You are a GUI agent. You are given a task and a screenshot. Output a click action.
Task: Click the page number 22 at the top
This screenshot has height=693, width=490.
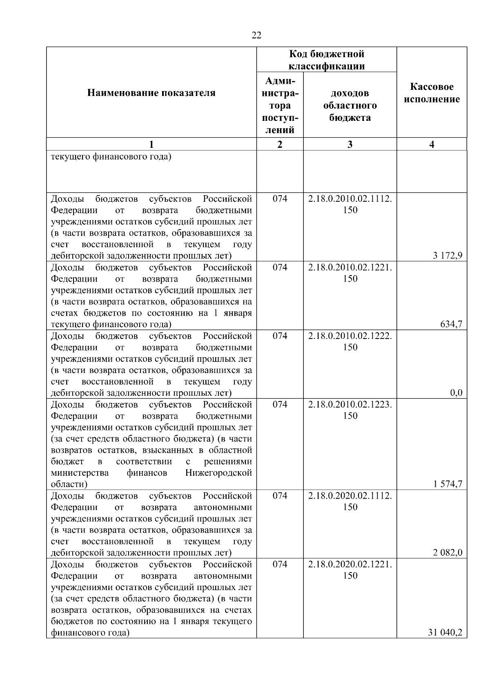coord(256,35)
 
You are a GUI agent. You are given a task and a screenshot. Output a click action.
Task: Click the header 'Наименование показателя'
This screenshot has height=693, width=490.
coord(151,93)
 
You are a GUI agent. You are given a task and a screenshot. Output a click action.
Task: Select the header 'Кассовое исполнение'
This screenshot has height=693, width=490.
coord(432,93)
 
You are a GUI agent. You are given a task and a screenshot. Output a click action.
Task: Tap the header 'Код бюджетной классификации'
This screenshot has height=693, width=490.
coord(326,60)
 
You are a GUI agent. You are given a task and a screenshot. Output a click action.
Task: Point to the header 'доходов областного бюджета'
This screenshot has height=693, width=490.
coord(350,105)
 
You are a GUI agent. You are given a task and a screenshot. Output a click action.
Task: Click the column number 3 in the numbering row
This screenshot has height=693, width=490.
coord(350,144)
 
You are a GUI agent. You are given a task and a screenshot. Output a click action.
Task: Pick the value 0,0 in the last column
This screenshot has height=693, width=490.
coord(456,393)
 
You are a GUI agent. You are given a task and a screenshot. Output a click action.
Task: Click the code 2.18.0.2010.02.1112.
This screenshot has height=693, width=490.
coord(350,199)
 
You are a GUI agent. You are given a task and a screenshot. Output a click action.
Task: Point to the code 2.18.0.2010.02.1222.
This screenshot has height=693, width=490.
coord(350,336)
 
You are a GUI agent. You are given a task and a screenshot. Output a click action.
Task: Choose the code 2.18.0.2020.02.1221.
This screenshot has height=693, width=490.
coord(350,564)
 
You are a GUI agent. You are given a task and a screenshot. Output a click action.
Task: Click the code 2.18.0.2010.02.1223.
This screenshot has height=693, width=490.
coord(350,405)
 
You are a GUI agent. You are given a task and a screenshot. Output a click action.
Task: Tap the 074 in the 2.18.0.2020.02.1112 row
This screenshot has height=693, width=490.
coord(280,496)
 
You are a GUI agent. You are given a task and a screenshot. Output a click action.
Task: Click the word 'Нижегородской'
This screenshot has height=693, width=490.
coord(218,473)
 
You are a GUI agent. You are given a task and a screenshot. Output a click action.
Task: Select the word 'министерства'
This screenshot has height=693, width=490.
coord(80,473)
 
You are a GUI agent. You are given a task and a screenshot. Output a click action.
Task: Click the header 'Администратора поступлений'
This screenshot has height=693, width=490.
coord(280,105)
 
